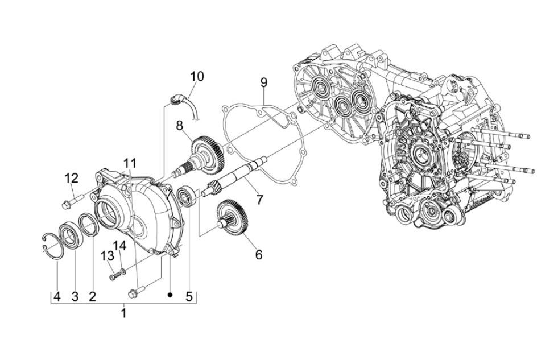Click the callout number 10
[197, 76]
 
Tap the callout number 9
[263, 82]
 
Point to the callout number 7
[259, 200]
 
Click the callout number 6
[258, 254]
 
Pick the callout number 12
[71, 178]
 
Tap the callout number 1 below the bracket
[123, 313]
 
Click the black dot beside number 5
[170, 296]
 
